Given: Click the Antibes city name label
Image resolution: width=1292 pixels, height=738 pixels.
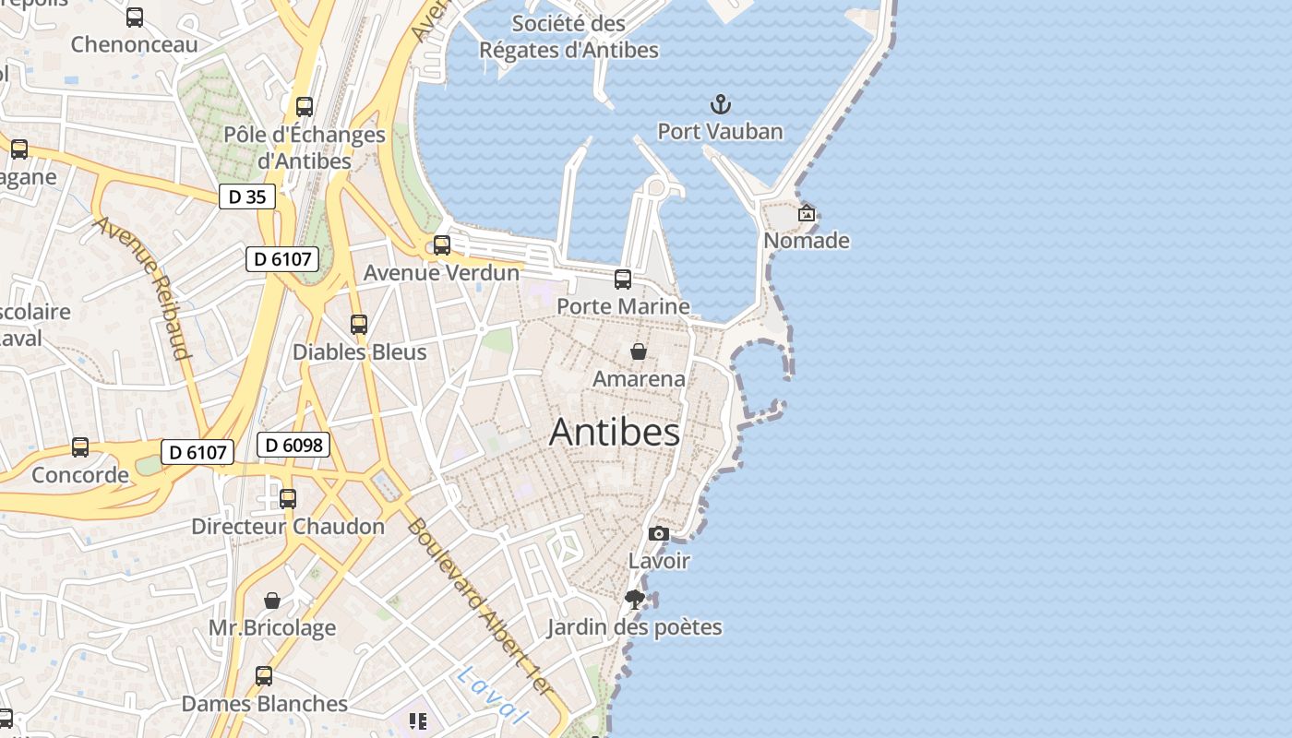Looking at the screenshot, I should (615, 432).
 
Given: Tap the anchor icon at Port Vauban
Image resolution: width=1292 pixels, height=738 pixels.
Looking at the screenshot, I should (720, 104).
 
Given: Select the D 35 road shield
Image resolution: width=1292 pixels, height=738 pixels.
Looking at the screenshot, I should (247, 196).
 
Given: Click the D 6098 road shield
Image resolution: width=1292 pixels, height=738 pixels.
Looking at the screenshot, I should (293, 445).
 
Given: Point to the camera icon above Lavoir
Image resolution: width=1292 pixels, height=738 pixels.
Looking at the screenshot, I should (658, 533).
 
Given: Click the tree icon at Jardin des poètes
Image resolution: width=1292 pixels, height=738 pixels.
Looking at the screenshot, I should (634, 600).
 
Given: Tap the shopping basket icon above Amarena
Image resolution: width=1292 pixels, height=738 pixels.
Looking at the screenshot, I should (638, 351).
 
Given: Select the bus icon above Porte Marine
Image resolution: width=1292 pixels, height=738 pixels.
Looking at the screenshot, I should (623, 279).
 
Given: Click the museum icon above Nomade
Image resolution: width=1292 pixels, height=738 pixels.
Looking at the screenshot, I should (807, 213).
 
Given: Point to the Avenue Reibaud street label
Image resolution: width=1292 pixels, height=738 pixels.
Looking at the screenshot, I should (142, 287).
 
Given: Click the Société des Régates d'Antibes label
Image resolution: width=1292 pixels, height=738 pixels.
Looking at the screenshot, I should (568, 37).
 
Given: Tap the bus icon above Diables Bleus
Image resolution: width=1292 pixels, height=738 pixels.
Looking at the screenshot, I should (359, 325).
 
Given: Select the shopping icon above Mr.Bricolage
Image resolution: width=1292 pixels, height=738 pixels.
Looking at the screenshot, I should (272, 601).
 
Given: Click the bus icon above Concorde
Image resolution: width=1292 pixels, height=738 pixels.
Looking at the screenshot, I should (80, 447).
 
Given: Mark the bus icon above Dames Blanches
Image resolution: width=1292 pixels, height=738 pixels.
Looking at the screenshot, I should (264, 676).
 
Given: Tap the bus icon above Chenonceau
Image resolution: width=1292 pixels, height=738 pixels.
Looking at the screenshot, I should (135, 17).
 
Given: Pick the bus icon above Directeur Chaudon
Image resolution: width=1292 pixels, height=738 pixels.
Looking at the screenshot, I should (288, 499).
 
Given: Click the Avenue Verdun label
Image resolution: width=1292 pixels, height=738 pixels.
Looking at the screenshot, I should (441, 272).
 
